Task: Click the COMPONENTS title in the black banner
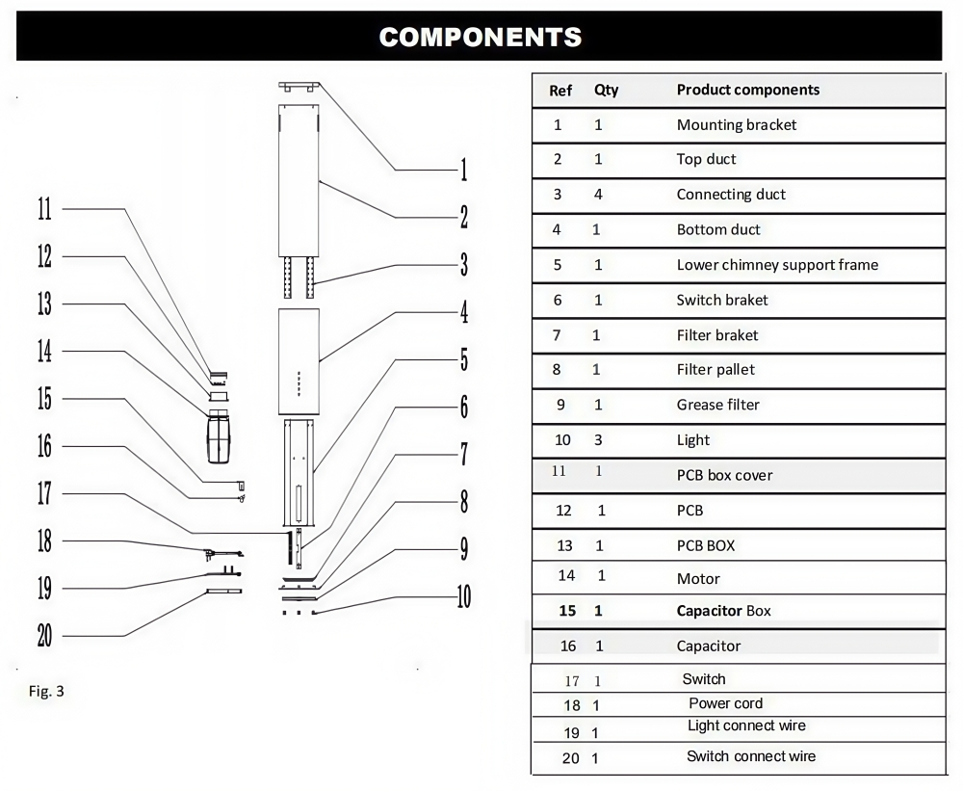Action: [x=481, y=37]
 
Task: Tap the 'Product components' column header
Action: [x=748, y=90]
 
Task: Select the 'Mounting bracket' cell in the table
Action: [x=737, y=124]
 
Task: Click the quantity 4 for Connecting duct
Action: [x=598, y=195]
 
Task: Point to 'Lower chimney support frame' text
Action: [x=777, y=265]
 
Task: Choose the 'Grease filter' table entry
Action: [x=718, y=405]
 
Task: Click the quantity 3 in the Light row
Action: [x=598, y=440]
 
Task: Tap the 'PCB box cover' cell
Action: [x=725, y=475]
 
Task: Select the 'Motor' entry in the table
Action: [x=698, y=579]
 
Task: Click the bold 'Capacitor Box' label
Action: [x=723, y=611]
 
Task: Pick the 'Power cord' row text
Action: [x=725, y=703]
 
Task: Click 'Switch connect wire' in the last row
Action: [x=751, y=756]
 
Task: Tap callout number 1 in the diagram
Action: [x=464, y=170]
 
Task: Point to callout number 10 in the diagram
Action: [x=464, y=596]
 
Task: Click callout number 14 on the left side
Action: [x=45, y=352]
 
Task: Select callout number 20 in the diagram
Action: [x=45, y=636]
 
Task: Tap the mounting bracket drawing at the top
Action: [x=299, y=87]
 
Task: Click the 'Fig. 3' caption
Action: [x=46, y=692]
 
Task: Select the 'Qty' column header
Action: [x=606, y=91]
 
